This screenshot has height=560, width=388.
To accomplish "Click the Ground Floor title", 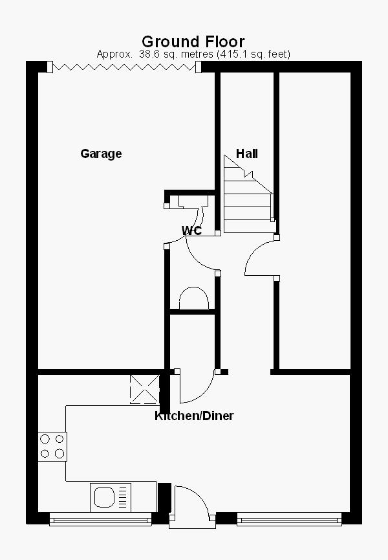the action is click(x=193, y=42).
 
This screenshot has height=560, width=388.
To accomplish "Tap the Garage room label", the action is click(x=101, y=153).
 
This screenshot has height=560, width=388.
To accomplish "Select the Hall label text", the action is click(x=246, y=153).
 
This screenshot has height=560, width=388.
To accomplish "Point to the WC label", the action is click(x=191, y=230).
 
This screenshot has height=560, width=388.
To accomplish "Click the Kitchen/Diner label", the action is click(x=193, y=416).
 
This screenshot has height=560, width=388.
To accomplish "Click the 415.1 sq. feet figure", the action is click(x=256, y=54).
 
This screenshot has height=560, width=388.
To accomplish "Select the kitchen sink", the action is click(x=105, y=497).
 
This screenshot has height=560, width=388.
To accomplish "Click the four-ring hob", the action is click(x=52, y=445).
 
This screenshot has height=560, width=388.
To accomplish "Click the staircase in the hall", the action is click(x=248, y=194).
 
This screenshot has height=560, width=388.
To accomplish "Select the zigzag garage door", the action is click(x=125, y=66).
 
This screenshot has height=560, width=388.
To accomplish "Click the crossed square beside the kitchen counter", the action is click(x=144, y=389).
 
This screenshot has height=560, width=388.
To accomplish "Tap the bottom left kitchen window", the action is click(x=100, y=519).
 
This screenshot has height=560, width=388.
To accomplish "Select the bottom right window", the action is click(x=288, y=519).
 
